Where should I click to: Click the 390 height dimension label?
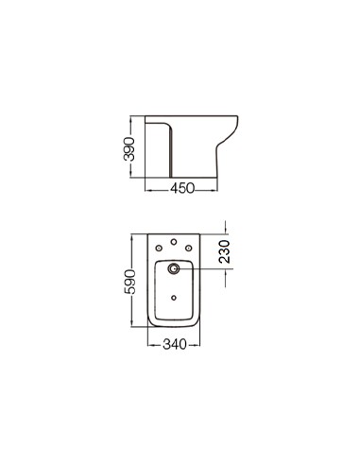tap(129, 149)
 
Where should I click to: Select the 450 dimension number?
tap(182, 188)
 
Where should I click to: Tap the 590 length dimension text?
tap(130, 282)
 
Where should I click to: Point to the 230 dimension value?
tap(225, 251)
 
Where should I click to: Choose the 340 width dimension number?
tap(175, 344)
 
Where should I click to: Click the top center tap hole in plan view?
tap(174, 242)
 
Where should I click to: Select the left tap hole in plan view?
tap(160, 249)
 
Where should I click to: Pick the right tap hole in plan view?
tap(188, 249)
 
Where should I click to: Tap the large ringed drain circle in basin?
tap(174, 268)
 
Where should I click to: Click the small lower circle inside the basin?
tap(174, 298)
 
